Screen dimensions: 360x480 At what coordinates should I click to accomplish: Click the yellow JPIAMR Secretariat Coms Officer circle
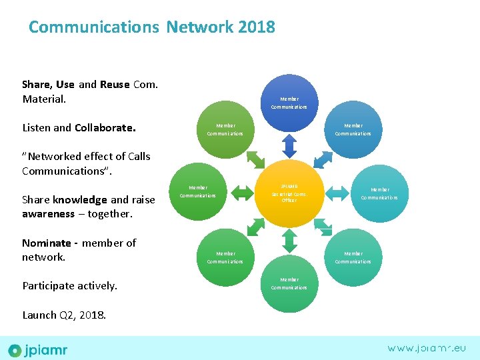(x=289, y=194)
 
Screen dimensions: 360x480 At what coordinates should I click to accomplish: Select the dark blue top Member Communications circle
(x=289, y=103)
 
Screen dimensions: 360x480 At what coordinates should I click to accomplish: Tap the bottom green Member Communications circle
(x=289, y=284)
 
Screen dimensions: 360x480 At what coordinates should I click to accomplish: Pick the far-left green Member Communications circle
(x=198, y=192)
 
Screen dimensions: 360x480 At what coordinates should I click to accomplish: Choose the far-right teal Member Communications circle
(x=379, y=193)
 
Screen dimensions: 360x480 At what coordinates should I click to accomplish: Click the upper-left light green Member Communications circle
(x=225, y=129)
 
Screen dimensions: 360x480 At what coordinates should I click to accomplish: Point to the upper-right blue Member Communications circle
(x=353, y=129)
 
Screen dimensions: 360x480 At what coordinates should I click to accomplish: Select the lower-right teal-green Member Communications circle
(x=353, y=257)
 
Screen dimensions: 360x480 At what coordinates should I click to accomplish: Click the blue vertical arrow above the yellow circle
(x=289, y=145)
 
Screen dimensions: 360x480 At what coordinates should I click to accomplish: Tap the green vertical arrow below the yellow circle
(x=289, y=243)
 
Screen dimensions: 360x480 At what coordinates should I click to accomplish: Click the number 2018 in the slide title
(x=257, y=27)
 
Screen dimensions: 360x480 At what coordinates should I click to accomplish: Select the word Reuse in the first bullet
(x=115, y=85)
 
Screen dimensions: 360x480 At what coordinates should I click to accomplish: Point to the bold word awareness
(x=48, y=214)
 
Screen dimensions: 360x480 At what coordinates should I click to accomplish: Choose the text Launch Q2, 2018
(x=64, y=315)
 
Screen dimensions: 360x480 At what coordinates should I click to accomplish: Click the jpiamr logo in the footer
(x=38, y=349)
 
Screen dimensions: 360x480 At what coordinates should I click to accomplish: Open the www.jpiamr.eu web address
(x=427, y=348)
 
